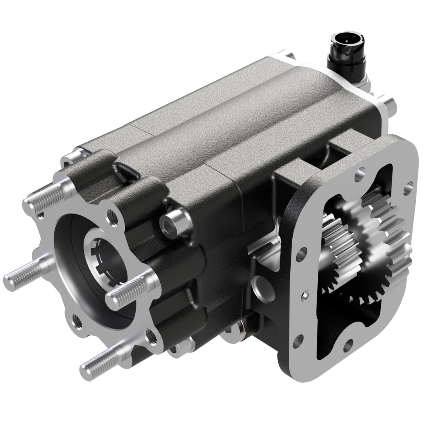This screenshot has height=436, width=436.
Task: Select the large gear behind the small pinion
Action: [x=384, y=246]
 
